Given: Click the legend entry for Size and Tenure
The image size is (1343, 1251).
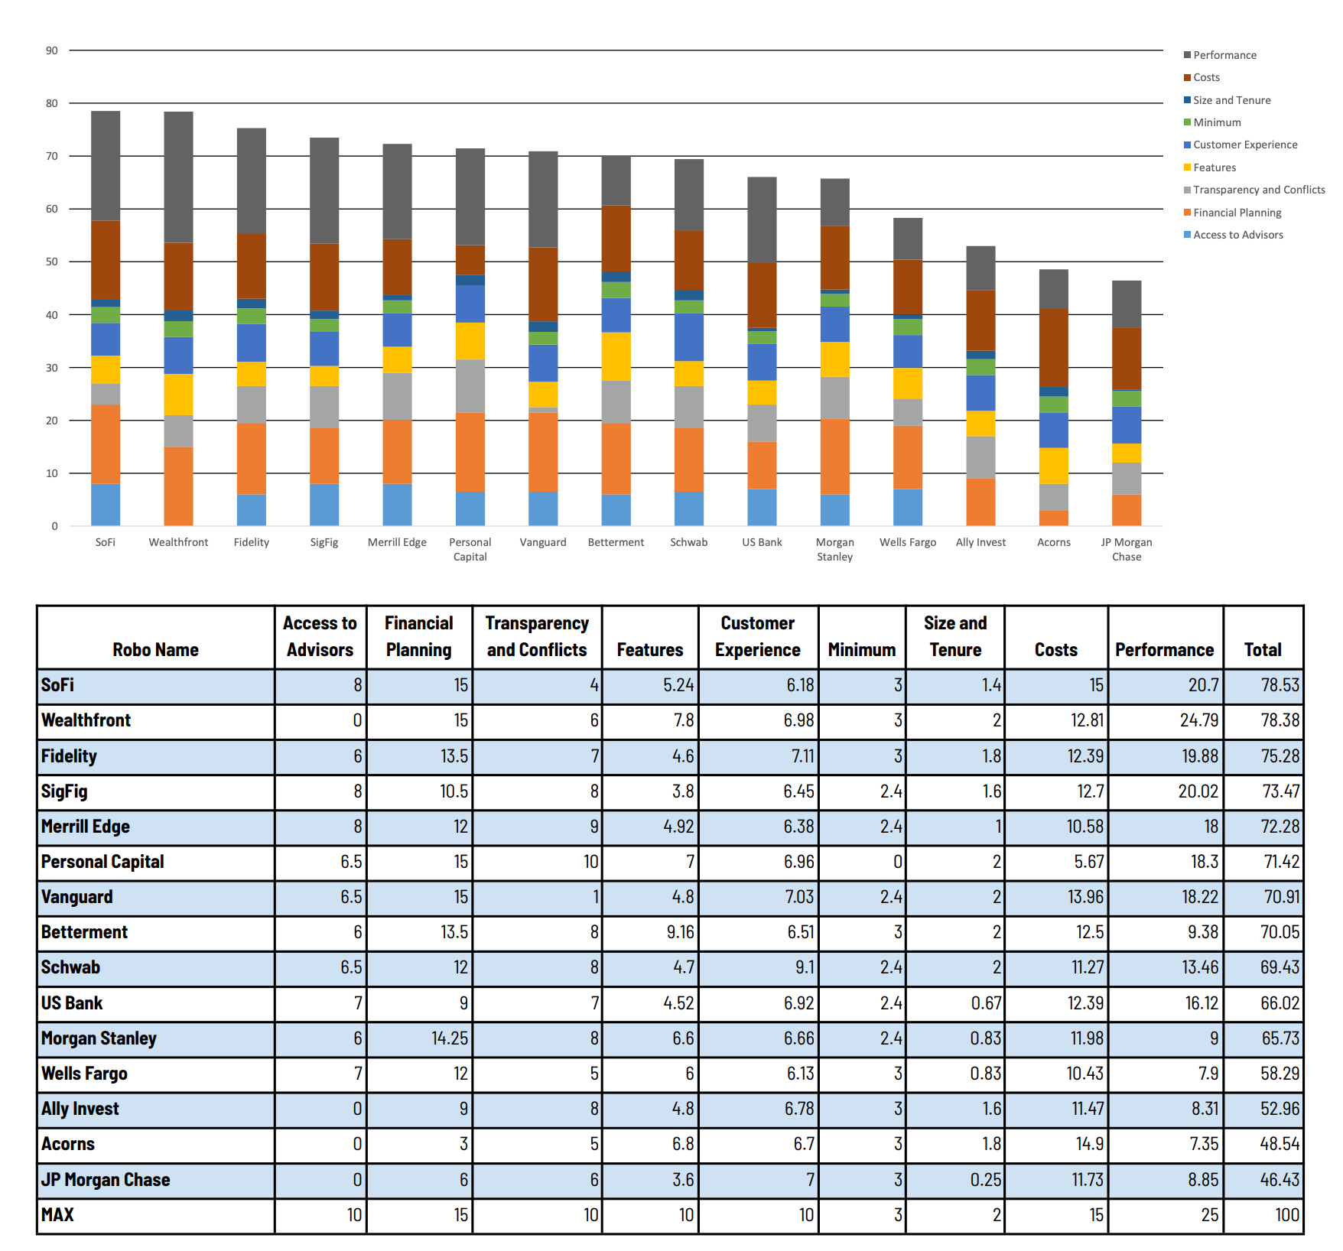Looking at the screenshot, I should [1231, 100].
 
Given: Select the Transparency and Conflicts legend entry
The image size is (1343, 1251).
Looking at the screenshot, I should [1258, 190].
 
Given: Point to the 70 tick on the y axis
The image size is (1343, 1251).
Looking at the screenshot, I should [52, 156].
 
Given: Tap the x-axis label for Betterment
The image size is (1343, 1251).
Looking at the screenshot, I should [616, 542].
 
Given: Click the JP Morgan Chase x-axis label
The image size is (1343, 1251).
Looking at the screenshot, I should [1126, 549].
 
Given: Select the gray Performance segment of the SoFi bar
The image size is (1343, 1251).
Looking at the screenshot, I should [106, 166].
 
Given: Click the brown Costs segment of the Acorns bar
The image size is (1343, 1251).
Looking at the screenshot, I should [1053, 347].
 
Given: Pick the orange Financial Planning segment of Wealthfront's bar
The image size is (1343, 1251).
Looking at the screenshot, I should [178, 486].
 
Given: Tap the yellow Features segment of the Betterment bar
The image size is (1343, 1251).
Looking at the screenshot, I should [616, 356].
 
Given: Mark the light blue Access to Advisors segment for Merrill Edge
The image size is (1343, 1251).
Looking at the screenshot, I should [397, 505].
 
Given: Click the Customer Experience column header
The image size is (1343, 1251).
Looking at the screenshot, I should [757, 636].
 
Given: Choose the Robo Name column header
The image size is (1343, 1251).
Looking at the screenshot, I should [155, 649].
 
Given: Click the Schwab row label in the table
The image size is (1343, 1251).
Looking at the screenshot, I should [71, 967].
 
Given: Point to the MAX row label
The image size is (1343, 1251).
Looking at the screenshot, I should [58, 1215].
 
